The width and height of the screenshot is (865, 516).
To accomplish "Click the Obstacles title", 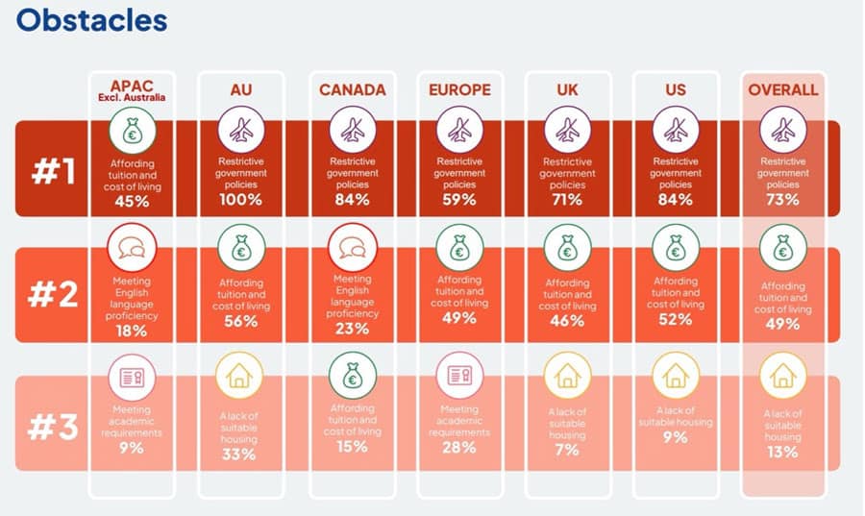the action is pyautogui.click(x=91, y=20).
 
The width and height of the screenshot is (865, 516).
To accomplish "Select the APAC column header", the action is pyautogui.click(x=132, y=86).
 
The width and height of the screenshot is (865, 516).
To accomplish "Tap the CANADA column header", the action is pyautogui.click(x=353, y=90).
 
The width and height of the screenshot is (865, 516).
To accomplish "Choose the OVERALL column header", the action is pyautogui.click(x=782, y=90).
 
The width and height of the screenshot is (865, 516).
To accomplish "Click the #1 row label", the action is pyautogui.click(x=54, y=171).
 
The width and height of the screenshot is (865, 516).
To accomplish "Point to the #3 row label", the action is pyautogui.click(x=53, y=427).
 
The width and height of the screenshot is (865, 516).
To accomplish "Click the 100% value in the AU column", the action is pyautogui.click(x=240, y=200).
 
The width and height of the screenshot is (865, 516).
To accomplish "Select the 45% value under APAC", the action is pyautogui.click(x=132, y=201).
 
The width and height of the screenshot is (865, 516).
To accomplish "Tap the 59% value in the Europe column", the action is pyautogui.click(x=459, y=200).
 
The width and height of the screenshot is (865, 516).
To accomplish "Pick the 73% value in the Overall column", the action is pyautogui.click(x=782, y=200).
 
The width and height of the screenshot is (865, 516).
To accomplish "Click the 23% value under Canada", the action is pyautogui.click(x=352, y=329).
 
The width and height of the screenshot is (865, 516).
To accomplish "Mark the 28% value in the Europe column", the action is pyautogui.click(x=459, y=447).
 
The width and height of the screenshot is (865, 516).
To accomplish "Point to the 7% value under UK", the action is pyautogui.click(x=567, y=450).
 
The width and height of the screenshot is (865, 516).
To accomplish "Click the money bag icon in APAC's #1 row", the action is pyautogui.click(x=133, y=131).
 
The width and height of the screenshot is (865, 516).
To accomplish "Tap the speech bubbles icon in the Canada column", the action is pyautogui.click(x=353, y=248).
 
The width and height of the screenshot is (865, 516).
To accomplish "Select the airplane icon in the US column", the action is pyautogui.click(x=676, y=131).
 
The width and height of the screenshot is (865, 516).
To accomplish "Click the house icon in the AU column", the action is pyautogui.click(x=239, y=376).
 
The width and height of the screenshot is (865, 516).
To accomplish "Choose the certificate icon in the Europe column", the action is pyautogui.click(x=459, y=376).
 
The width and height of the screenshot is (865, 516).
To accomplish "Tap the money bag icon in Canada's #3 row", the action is pyautogui.click(x=353, y=376).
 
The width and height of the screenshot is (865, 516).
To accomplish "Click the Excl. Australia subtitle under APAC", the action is pyautogui.click(x=132, y=98).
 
